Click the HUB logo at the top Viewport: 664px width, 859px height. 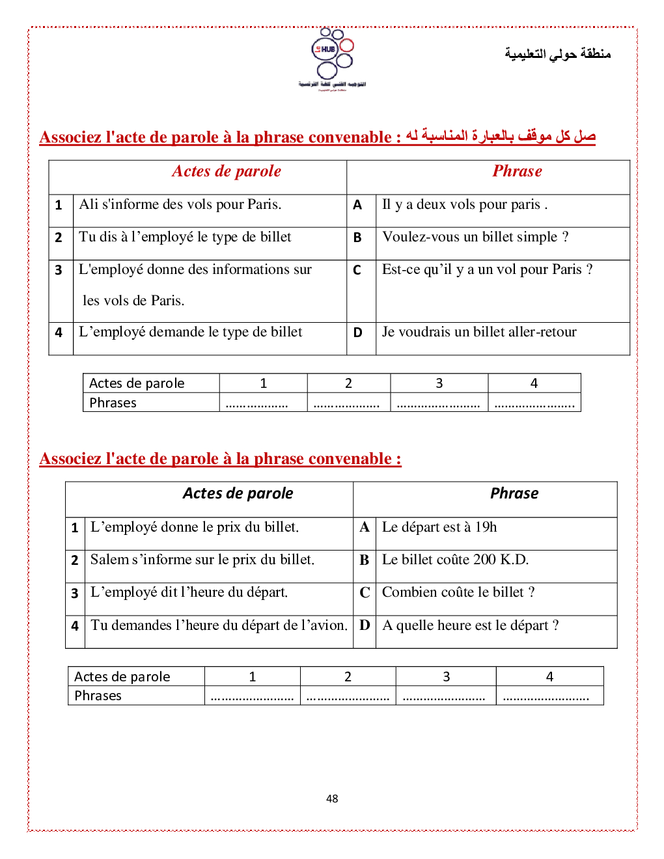coord(333,59)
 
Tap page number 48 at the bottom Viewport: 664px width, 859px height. coord(332,798)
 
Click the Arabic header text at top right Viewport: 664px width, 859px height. coord(557,53)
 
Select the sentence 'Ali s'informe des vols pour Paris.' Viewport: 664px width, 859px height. coord(180,204)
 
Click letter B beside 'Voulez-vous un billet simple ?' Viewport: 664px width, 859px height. coord(357,238)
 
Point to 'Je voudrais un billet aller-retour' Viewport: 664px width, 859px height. coord(479,332)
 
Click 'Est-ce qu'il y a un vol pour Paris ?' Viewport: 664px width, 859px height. coord(487,269)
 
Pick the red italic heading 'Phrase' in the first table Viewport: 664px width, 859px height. coord(517,171)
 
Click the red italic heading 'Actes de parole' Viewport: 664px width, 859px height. coord(227,171)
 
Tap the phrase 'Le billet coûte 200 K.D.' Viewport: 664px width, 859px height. coord(455,560)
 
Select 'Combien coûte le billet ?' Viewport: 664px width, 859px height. coord(458,592)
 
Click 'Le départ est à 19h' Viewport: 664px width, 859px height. coord(439,527)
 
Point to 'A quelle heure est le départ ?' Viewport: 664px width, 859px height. coord(470,625)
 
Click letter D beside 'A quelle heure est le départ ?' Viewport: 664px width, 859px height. coord(365,625)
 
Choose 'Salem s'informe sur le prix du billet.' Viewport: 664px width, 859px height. coord(202,560)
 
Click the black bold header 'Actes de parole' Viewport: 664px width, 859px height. coord(238,493)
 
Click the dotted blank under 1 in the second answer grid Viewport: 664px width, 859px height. coord(252,697)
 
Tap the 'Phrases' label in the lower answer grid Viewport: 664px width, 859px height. coord(98,696)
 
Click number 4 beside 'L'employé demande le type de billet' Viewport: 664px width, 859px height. coord(59,333)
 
